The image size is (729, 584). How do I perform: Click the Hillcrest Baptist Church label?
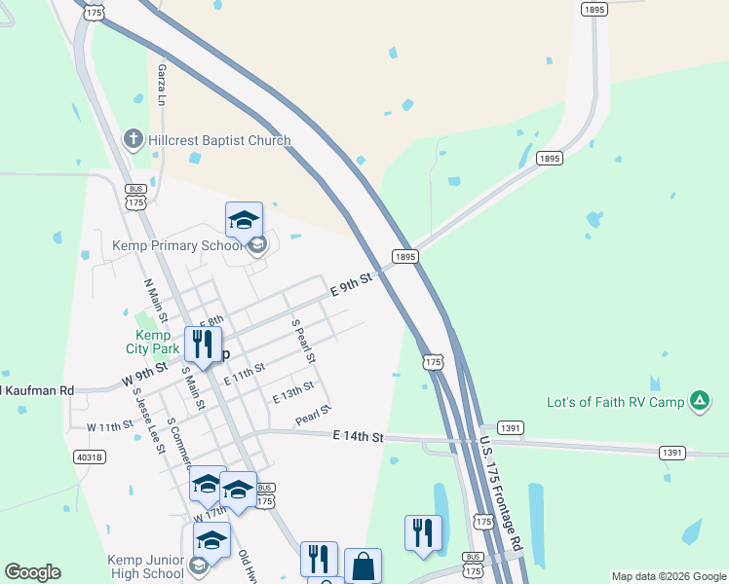pyautogui.click(x=219, y=140)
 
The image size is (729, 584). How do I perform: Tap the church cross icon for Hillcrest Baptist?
pyautogui.click(x=134, y=139)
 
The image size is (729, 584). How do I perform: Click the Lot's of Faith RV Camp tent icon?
pyautogui.click(x=699, y=400)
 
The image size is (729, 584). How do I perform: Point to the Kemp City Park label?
pyautogui.click(x=152, y=342)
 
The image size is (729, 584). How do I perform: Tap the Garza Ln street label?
pyautogui.click(x=163, y=86)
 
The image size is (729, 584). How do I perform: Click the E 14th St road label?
pyautogui.click(x=358, y=436)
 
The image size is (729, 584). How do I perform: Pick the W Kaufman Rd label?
pyautogui.click(x=37, y=390)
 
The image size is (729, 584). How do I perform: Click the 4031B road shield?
pyautogui.click(x=89, y=456)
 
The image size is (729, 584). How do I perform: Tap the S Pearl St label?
pyautogui.click(x=303, y=341)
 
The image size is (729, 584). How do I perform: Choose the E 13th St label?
pyautogui.click(x=292, y=392)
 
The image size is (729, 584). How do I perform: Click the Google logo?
pyautogui.click(x=32, y=572)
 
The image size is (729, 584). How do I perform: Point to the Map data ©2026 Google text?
pyautogui.click(x=669, y=576)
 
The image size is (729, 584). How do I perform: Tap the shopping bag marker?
pyautogui.click(x=363, y=566)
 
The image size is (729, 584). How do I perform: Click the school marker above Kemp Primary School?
pyautogui.click(x=245, y=219)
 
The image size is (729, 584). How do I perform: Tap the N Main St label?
pyautogui.click(x=156, y=302)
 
